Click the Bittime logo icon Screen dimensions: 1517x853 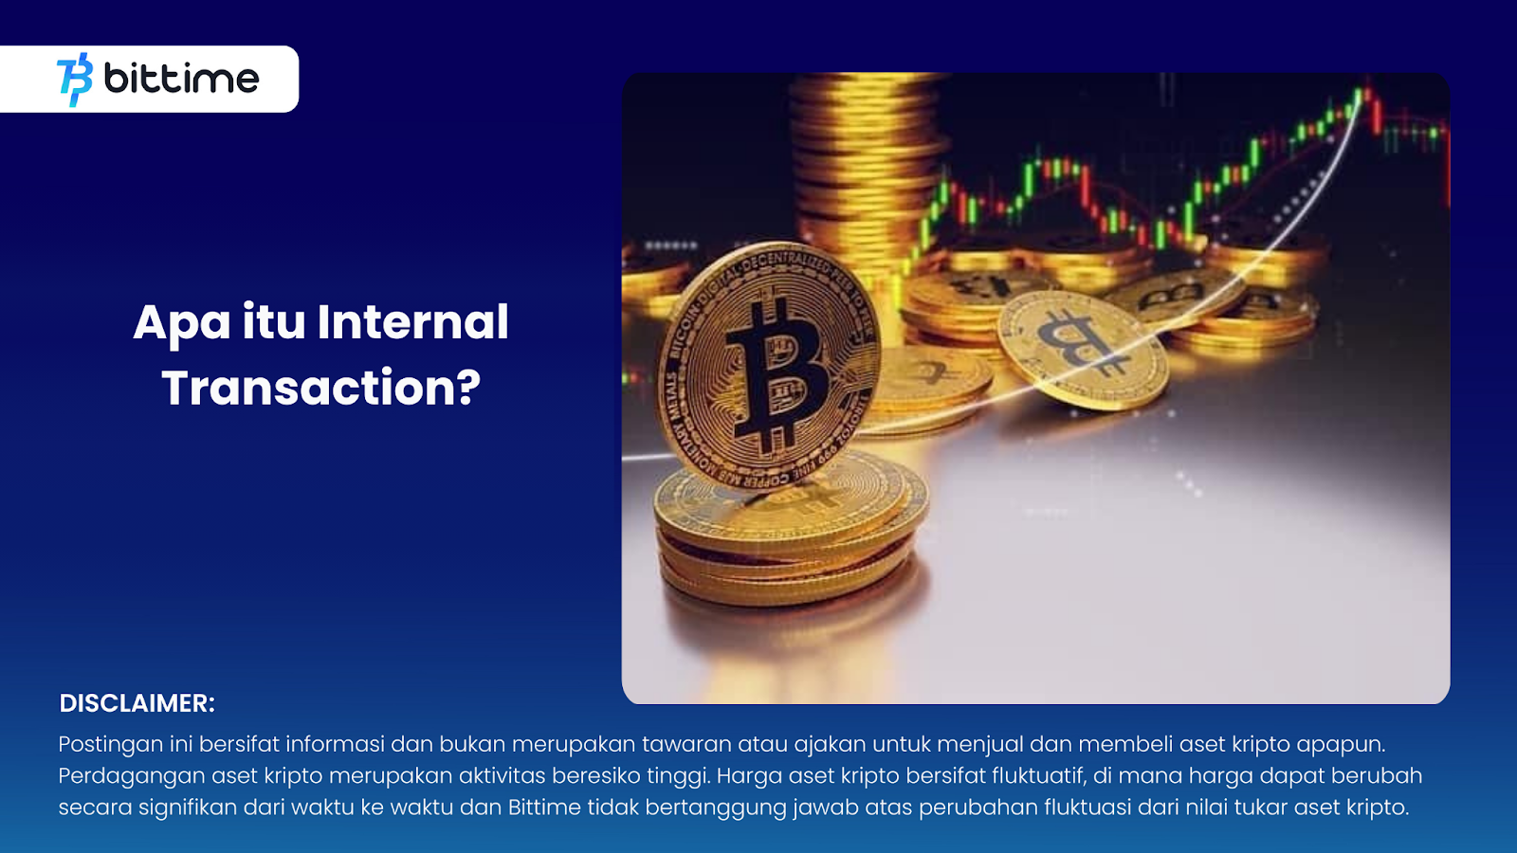pyautogui.click(x=75, y=80)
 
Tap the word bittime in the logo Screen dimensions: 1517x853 pyautogui.click(x=181, y=78)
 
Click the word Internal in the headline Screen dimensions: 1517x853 pyautogui.click(x=412, y=321)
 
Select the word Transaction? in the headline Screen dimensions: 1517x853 pyautogui.click(x=321, y=388)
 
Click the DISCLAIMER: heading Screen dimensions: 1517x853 pyautogui.click(x=137, y=703)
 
